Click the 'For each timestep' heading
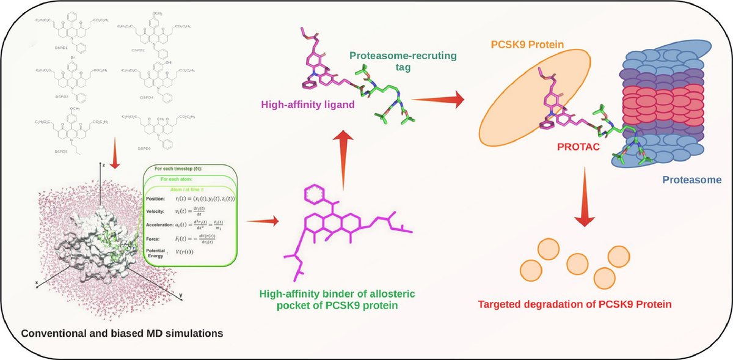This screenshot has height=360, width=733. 183,169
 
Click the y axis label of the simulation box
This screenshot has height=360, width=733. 181,295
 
